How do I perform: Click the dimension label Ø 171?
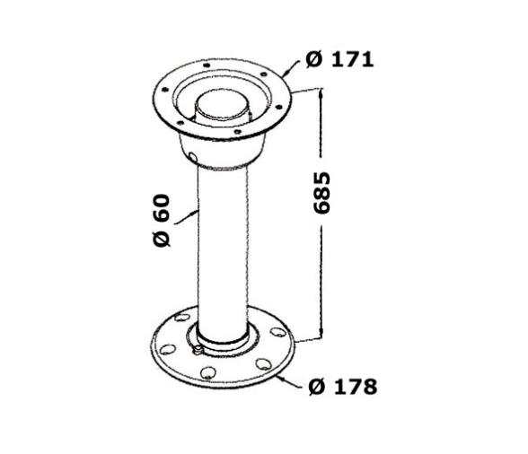point(339,60)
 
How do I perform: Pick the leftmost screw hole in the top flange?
point(164,89)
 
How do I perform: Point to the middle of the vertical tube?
point(222,242)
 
